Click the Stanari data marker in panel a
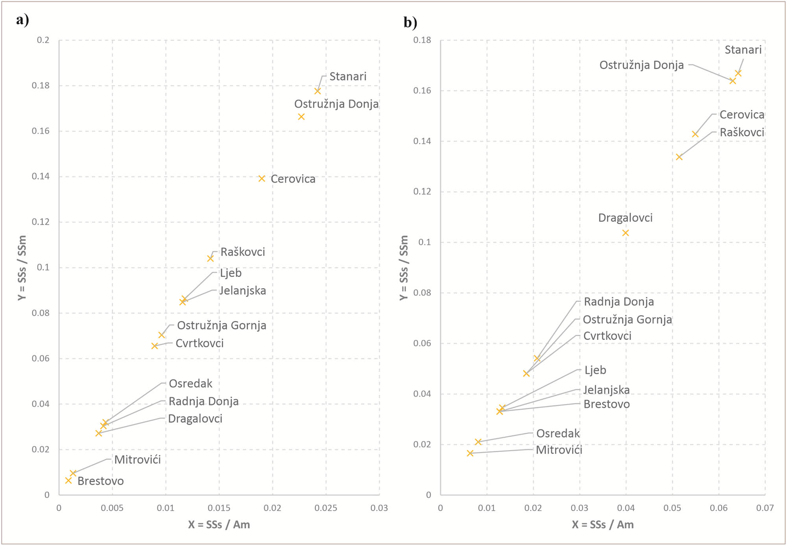tap(318, 91)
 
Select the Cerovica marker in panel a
tap(262, 179)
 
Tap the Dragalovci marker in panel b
tap(625, 233)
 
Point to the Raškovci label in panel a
tap(242, 252)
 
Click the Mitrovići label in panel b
tap(559, 450)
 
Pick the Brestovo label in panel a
tap(100, 481)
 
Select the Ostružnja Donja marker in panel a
tap(301, 117)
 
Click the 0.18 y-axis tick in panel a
tap(41, 85)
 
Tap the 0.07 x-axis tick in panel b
tap(765, 508)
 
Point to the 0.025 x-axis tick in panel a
tap(325, 508)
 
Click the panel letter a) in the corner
tap(22, 20)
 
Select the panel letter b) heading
tap(410, 22)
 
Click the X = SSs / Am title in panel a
tap(219, 524)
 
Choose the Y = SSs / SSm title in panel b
tap(404, 267)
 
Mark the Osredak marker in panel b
tap(478, 442)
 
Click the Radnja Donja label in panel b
tap(619, 302)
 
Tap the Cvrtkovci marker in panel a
tap(155, 346)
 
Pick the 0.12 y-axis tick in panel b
tap(422, 192)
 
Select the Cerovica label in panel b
tap(742, 114)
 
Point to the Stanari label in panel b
tap(743, 50)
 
